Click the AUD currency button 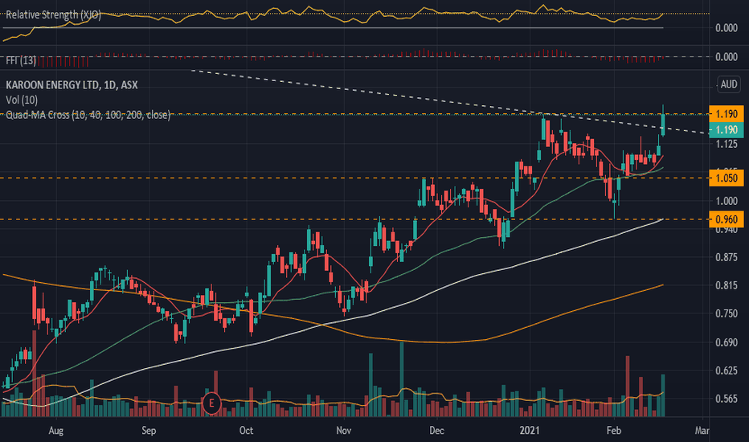tap(729, 84)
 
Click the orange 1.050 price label tap(726, 178)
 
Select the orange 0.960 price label tap(726, 219)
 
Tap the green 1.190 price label tap(726, 130)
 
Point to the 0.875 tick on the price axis tap(726, 257)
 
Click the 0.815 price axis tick tap(726, 285)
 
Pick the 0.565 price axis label tap(726, 399)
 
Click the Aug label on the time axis tap(55, 430)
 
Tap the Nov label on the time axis tap(343, 430)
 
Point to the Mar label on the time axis tap(703, 430)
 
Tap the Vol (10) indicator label tap(22, 100)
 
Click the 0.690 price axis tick tap(726, 342)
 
